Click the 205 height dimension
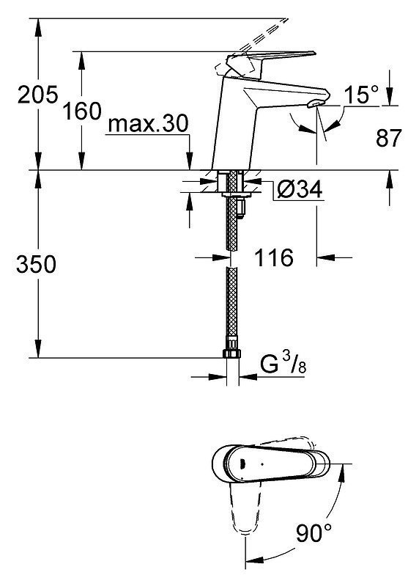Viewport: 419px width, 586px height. point(38,94)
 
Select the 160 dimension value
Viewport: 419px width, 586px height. point(82,111)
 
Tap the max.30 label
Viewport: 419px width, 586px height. point(148,123)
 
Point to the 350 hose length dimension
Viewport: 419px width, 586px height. point(36,264)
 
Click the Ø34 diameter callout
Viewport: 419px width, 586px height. point(300,189)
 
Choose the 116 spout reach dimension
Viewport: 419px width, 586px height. point(274,257)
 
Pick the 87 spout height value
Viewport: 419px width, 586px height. point(388,138)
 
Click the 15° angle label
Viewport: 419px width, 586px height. point(361,95)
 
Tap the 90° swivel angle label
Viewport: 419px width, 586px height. point(314,532)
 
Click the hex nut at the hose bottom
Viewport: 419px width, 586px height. point(231,354)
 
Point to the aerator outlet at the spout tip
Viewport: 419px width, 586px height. point(316,104)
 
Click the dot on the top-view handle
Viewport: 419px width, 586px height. point(262,464)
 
